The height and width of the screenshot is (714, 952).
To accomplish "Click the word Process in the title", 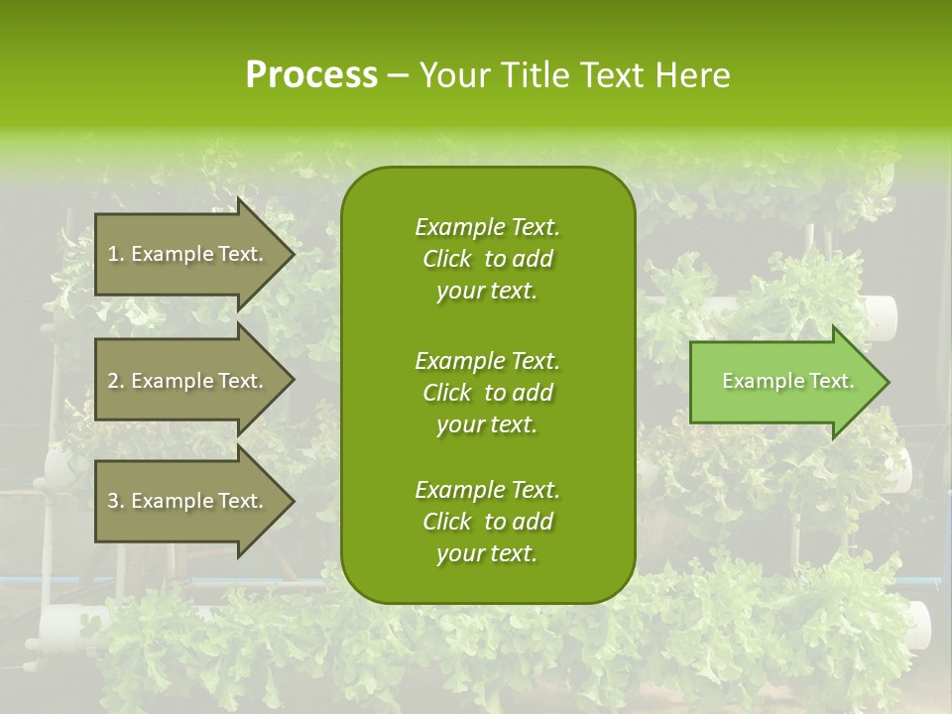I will [311, 75].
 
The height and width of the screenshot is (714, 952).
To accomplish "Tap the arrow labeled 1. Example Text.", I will [188, 254].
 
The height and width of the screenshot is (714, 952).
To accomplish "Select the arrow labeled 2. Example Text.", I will [188, 381].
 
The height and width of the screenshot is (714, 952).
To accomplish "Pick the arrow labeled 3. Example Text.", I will [188, 501].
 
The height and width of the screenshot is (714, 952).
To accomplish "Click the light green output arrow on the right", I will [783, 382].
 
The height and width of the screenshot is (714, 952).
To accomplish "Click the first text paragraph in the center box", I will [487, 259].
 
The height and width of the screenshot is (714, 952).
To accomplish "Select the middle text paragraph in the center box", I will [487, 392].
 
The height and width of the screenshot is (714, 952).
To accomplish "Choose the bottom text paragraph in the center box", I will [487, 522].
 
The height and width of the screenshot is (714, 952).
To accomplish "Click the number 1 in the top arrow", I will [113, 254].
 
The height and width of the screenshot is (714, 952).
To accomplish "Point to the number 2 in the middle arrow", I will [113, 381].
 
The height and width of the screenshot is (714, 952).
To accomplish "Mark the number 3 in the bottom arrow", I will [113, 501].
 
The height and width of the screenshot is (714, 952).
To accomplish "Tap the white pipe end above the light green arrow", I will [881, 313].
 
